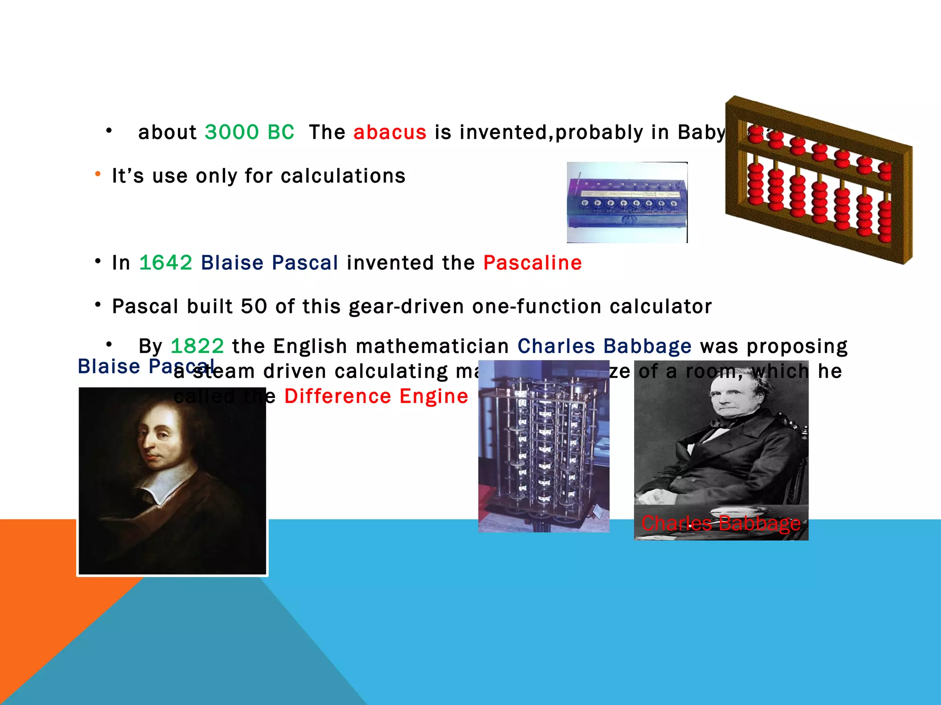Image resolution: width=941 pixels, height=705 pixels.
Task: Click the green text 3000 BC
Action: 249,132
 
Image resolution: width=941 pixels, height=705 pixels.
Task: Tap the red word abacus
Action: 390,132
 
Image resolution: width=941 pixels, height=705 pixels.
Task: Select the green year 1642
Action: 165,263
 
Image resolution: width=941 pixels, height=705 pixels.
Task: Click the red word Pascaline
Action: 532,263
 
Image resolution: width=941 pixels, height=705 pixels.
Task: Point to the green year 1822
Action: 197,346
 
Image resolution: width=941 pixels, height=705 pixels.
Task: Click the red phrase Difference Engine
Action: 376,396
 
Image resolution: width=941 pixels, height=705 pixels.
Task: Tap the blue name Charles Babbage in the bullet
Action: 604,346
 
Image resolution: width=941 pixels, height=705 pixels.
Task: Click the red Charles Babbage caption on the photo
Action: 720,523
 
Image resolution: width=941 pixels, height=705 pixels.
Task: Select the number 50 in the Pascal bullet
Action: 254,307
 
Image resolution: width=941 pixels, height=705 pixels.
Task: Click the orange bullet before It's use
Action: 97,174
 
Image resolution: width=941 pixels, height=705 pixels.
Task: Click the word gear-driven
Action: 406,307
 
